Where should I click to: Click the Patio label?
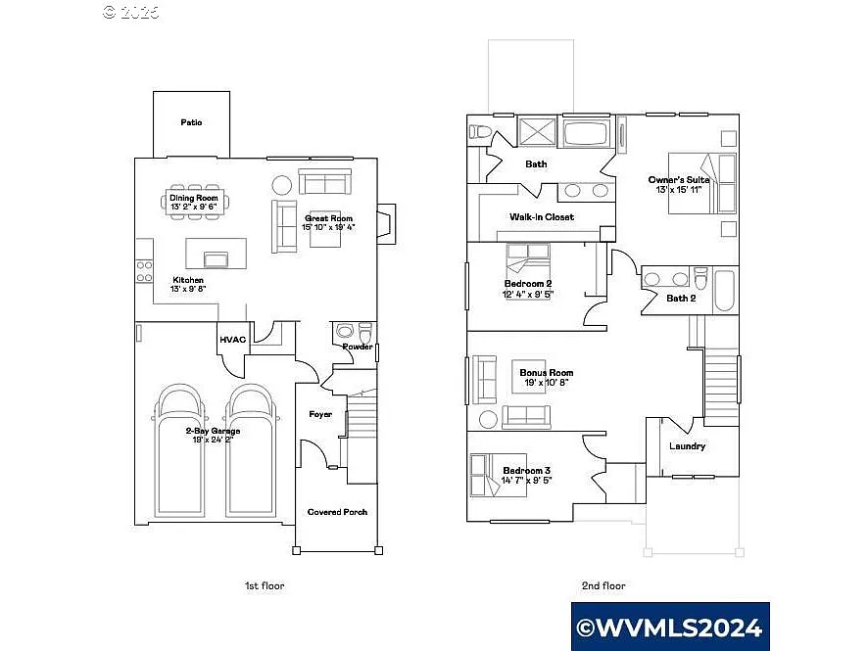tap(191, 123)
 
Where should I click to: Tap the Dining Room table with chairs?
tap(194, 203)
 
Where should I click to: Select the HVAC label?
tap(232, 340)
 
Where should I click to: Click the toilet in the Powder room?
tap(365, 330)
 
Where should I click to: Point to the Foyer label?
tap(320, 414)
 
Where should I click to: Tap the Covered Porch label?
tap(337, 512)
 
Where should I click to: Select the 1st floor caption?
tap(264, 585)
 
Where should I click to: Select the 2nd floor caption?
tap(603, 585)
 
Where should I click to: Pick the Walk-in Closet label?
tap(542, 216)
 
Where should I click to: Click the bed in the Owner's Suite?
tap(701, 183)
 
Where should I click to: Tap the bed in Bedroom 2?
tap(529, 261)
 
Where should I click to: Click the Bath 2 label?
tap(681, 298)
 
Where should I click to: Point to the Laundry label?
tap(687, 446)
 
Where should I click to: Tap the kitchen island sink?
tap(215, 258)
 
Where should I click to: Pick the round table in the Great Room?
tap(281, 184)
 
